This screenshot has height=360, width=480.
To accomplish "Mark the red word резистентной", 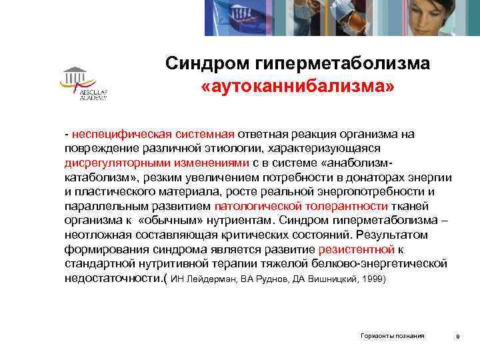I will (x=357, y=249).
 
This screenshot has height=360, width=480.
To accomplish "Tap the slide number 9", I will (x=457, y=337).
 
